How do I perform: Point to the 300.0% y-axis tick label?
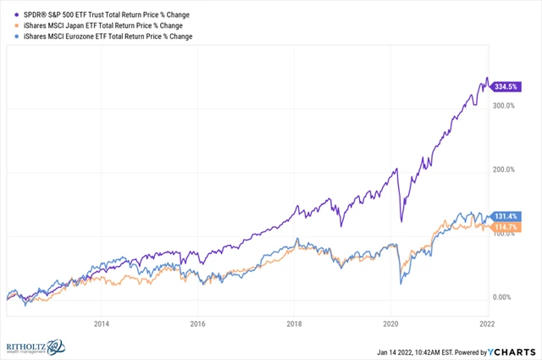click(504, 105)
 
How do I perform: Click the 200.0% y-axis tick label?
click(504, 169)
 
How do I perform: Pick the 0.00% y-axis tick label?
click(504, 297)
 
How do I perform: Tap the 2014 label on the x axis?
click(102, 323)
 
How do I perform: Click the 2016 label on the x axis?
click(198, 323)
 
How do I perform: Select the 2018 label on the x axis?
click(295, 323)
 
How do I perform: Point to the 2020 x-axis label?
click(390, 323)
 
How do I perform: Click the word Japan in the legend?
click(66, 26)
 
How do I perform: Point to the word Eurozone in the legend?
click(75, 36)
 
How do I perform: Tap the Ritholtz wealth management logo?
click(34, 346)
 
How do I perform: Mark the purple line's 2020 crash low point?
click(401, 222)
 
